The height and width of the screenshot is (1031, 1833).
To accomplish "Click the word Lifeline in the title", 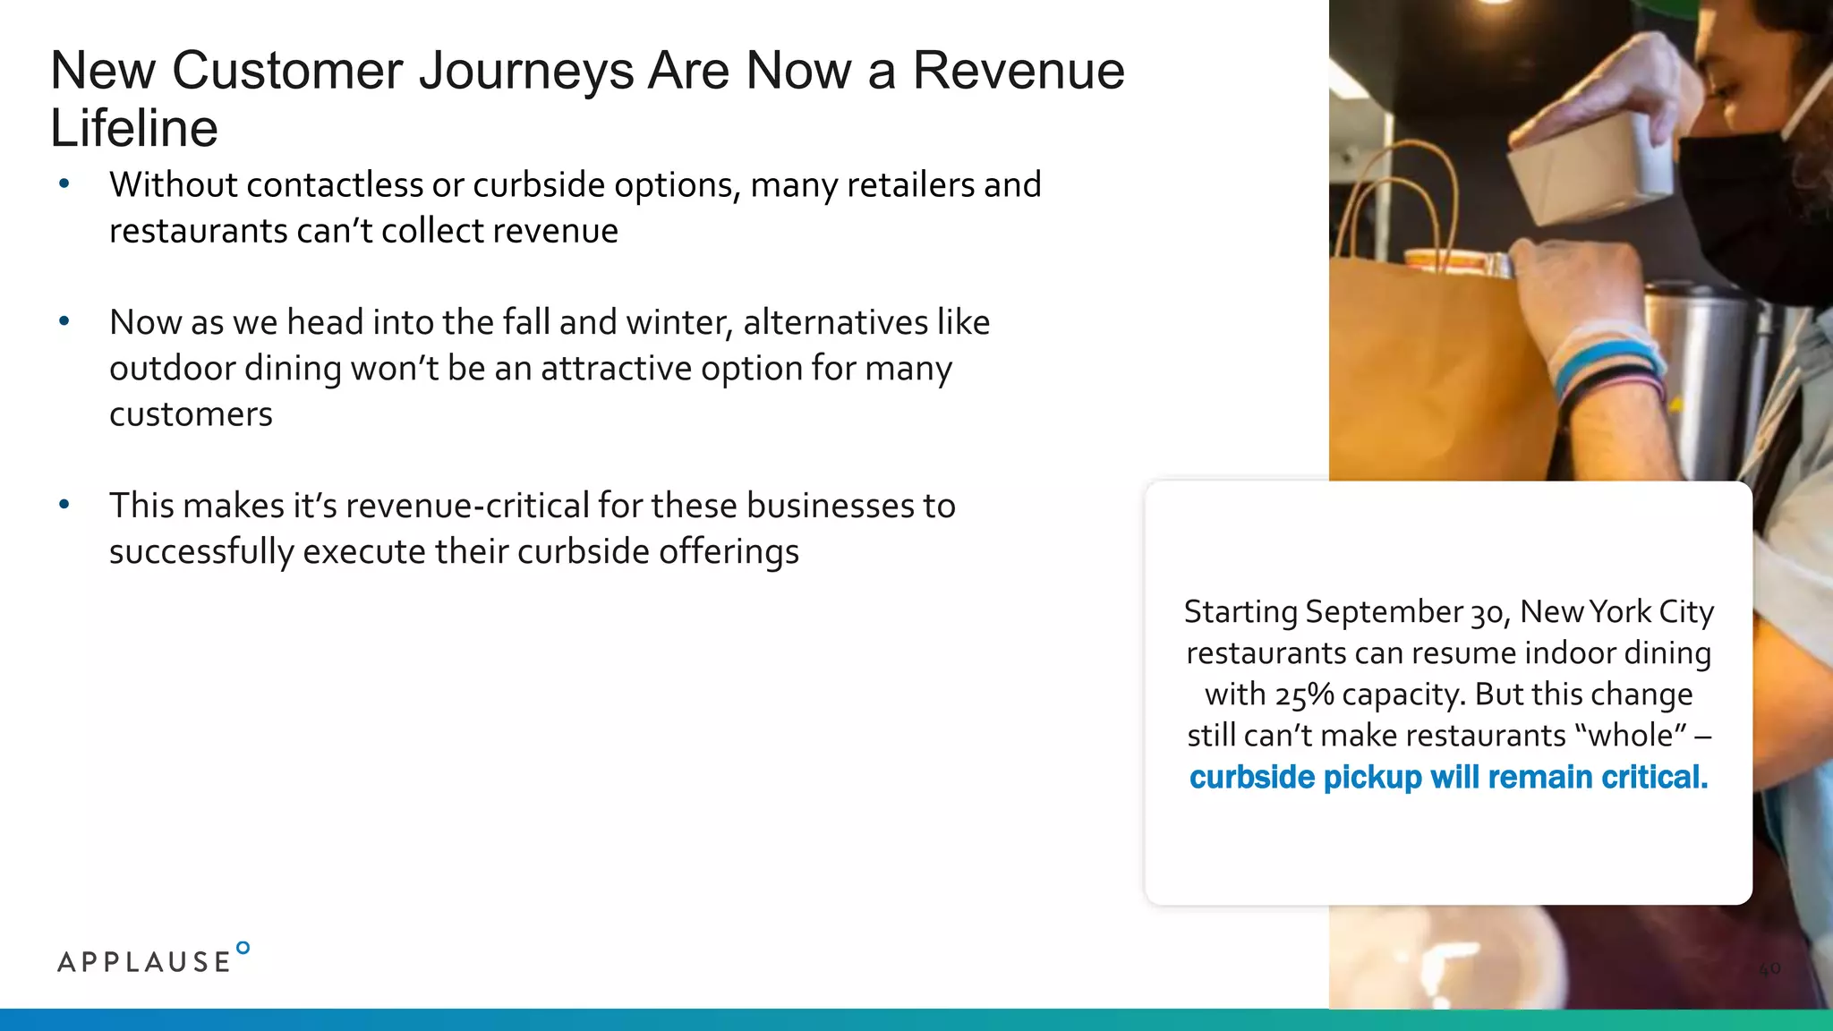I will (134, 128).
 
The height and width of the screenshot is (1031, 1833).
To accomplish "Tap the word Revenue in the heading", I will (1018, 71).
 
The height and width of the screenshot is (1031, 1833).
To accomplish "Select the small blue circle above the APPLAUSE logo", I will (243, 948).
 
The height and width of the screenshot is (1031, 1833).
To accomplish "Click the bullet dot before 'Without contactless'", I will (64, 184).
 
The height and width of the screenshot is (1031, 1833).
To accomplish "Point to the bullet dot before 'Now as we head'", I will (64, 321).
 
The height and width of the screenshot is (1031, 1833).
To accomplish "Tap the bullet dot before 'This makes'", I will (64, 505).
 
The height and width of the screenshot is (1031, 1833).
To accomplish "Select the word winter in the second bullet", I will (679, 322).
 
